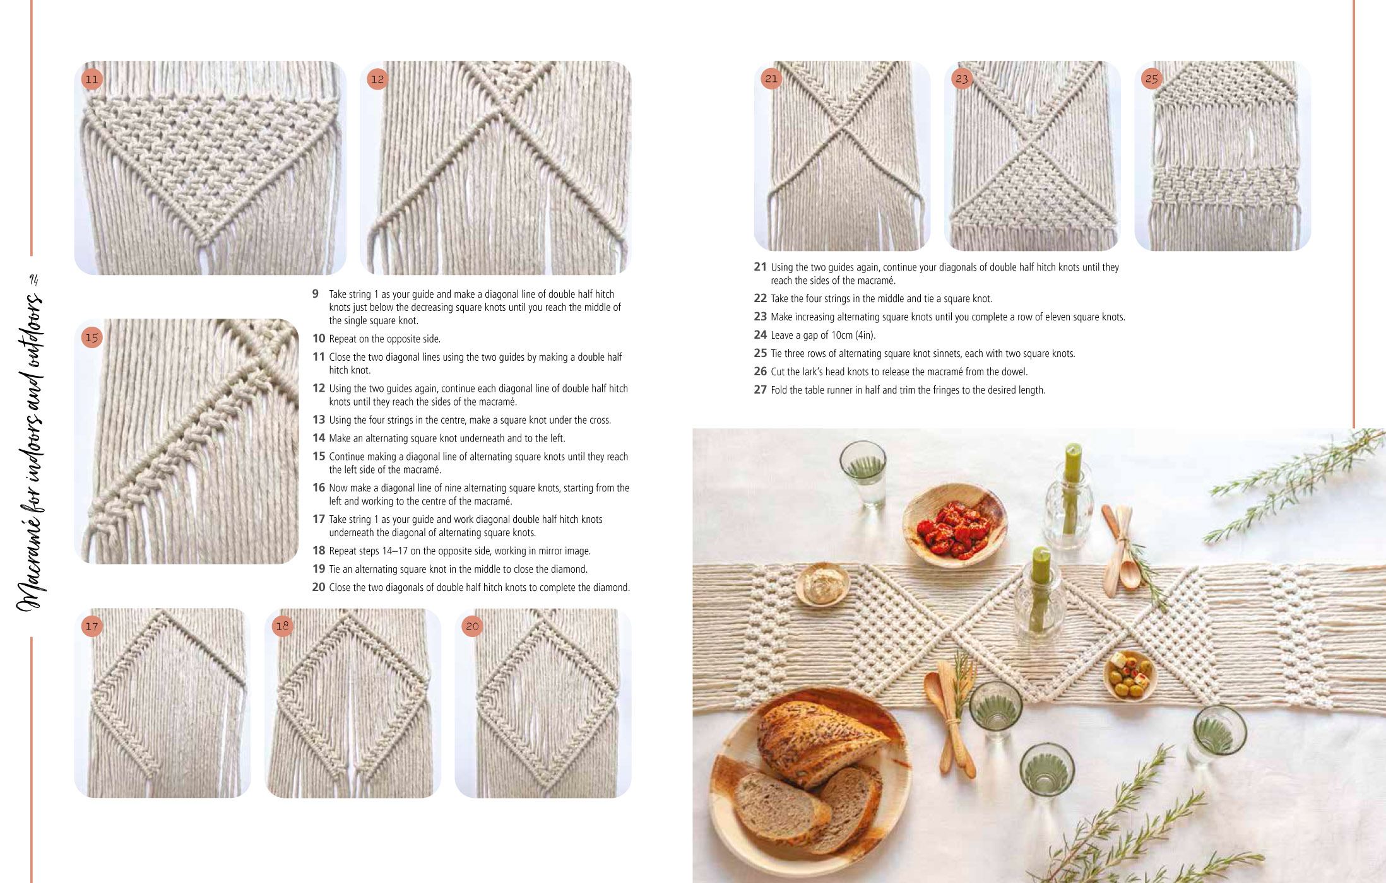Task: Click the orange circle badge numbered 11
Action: (92, 79)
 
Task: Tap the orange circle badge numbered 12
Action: (377, 79)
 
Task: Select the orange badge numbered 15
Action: (92, 337)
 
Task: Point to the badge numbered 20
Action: (472, 626)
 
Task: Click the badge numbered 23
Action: (961, 79)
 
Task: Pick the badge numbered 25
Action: (1152, 79)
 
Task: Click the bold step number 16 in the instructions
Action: (319, 488)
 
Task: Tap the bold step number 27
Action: (760, 390)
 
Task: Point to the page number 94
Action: (34, 279)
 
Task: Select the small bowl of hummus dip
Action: (822, 584)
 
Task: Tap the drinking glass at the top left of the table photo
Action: (863, 473)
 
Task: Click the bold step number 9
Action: (316, 294)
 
